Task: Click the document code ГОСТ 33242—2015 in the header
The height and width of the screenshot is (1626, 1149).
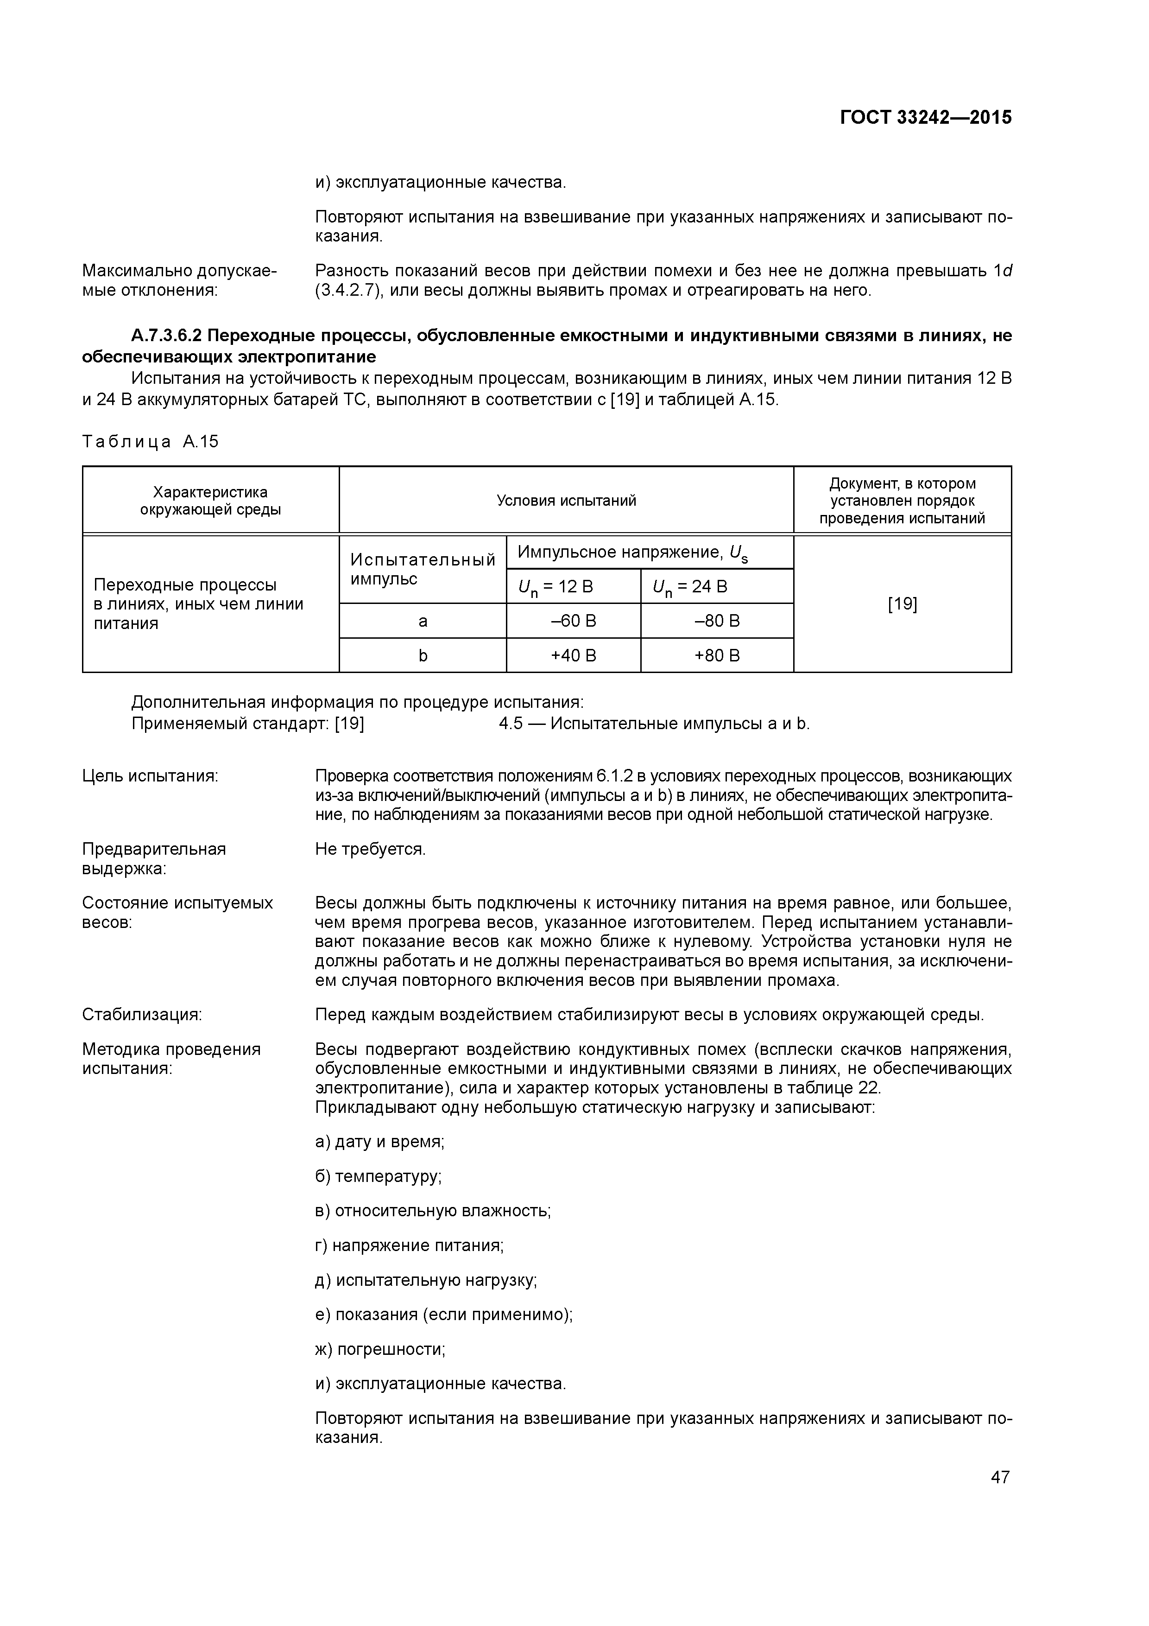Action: (925, 118)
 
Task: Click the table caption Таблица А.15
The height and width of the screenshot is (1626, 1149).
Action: (150, 442)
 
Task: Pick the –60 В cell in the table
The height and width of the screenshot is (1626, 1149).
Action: (574, 621)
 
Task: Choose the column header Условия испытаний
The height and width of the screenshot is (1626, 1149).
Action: (566, 501)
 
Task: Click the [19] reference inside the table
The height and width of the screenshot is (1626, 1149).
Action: (902, 604)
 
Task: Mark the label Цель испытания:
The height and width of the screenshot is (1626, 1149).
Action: (150, 776)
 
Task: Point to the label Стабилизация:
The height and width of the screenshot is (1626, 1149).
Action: (142, 1015)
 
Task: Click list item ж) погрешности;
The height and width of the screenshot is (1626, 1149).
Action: (380, 1349)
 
